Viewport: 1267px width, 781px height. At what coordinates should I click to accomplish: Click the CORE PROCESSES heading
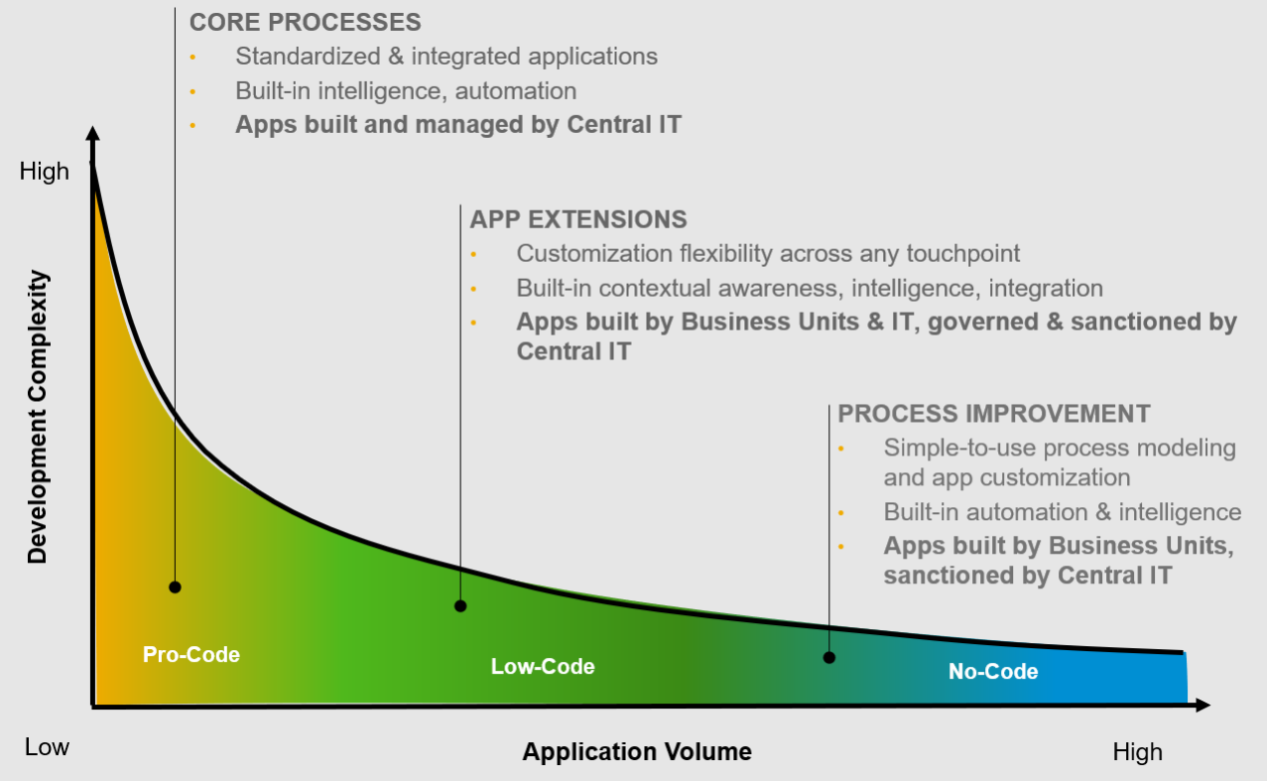(305, 23)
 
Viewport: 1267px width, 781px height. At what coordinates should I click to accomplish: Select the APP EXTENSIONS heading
(578, 219)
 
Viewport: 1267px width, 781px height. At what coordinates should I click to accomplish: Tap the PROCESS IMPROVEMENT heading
(994, 414)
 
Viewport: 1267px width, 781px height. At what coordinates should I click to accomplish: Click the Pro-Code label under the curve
(191, 655)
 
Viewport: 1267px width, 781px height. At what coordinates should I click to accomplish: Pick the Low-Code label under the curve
(543, 667)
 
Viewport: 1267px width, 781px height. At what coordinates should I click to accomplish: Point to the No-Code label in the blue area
(993, 672)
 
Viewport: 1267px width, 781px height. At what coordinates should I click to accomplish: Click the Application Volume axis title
(637, 751)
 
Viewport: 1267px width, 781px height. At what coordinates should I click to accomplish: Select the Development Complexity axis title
(38, 418)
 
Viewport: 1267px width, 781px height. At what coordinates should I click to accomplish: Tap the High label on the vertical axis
(45, 172)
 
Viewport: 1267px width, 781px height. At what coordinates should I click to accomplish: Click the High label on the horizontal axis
(1137, 752)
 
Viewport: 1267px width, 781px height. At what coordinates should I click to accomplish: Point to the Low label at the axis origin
(47, 747)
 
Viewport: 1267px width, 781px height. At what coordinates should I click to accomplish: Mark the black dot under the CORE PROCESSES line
(176, 587)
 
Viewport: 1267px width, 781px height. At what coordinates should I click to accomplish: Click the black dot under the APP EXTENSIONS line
(460, 606)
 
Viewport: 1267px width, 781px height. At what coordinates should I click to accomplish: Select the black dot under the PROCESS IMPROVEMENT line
(829, 658)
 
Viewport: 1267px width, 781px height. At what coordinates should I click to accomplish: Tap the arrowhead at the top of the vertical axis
(93, 135)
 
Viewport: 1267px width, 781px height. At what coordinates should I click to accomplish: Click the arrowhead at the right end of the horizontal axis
(1203, 706)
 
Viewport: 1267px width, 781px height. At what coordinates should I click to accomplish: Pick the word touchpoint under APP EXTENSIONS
(963, 254)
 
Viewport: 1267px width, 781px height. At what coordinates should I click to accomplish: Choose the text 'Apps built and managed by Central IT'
(458, 125)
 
